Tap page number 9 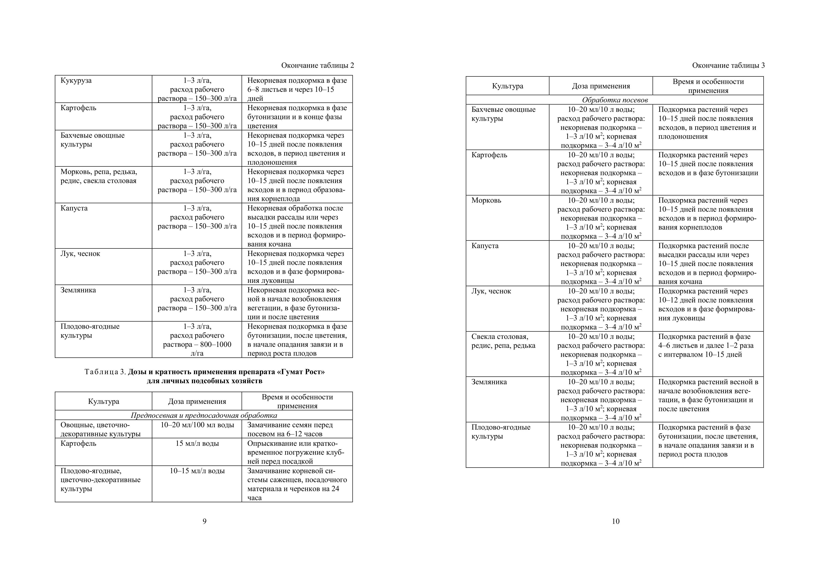(204, 521)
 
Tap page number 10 (615, 521)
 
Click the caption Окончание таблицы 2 (317, 66)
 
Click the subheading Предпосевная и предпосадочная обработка (204, 416)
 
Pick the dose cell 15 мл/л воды (197, 443)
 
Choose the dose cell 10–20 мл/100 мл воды (197, 425)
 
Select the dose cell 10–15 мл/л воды (197, 471)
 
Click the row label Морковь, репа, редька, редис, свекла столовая (98, 176)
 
